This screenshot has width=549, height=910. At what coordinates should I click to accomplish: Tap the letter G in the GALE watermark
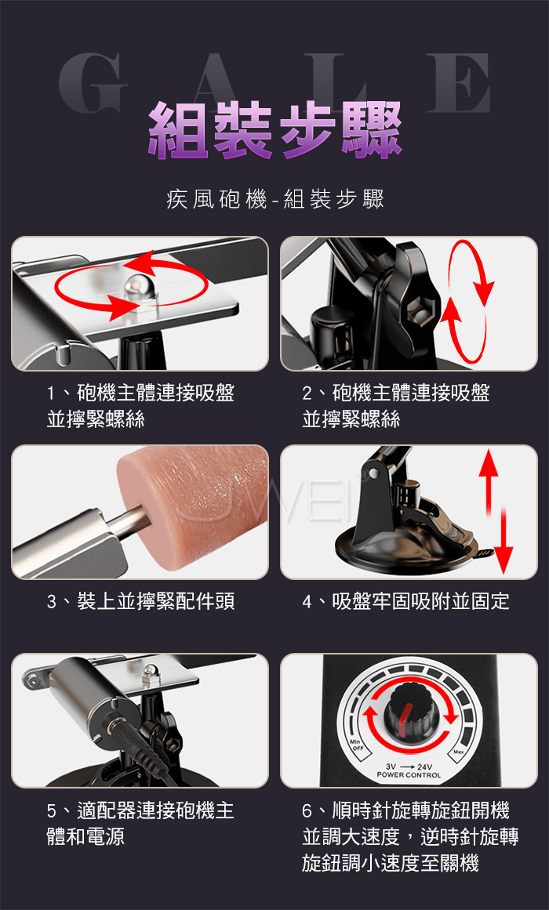(x=93, y=83)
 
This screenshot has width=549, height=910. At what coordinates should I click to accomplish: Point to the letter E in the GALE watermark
(x=458, y=83)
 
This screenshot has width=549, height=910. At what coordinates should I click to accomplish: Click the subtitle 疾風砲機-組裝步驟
(x=275, y=201)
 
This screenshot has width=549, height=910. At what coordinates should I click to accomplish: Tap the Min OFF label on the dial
(x=355, y=745)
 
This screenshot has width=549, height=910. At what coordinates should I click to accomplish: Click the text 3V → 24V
(x=409, y=767)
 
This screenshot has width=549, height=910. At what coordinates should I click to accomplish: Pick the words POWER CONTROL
(x=409, y=775)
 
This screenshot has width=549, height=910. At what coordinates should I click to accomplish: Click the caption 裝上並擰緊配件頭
(x=156, y=602)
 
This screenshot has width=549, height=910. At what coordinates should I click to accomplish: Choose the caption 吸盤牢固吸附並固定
(x=420, y=602)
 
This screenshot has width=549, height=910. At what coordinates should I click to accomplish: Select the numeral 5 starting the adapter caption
(x=53, y=810)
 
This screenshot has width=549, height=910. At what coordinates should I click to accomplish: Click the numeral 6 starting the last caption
(x=308, y=810)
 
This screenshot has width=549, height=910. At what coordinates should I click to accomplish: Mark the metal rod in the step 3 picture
(x=126, y=519)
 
